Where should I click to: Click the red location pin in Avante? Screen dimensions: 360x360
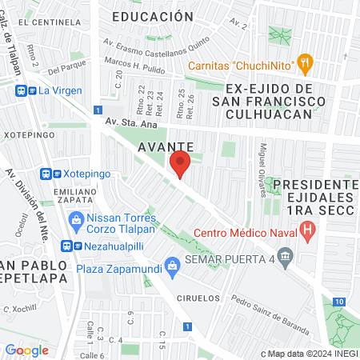180,164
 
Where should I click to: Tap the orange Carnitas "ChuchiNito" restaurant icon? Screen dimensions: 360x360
304,62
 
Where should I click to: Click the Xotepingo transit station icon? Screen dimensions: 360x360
49,174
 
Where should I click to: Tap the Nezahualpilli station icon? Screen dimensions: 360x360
76,246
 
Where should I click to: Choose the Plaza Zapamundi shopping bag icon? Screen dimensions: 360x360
170,265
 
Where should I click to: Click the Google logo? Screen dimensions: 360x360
26,350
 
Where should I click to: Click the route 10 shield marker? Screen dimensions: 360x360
340,301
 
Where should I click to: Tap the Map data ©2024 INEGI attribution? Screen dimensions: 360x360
307,354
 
